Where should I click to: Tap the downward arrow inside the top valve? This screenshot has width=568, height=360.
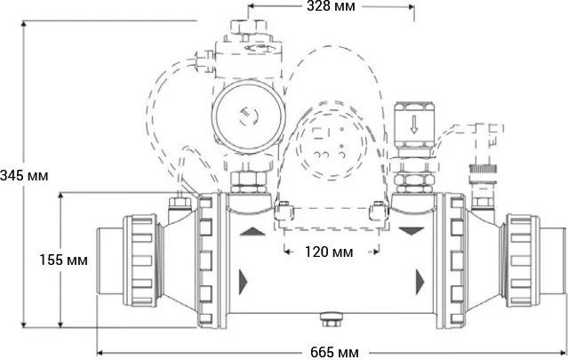tap(413, 124)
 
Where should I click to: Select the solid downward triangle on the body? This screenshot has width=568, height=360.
tap(412, 232)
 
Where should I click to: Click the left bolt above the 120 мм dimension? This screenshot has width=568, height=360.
tap(283, 212)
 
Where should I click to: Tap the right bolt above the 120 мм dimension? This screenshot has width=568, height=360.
tap(377, 212)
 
